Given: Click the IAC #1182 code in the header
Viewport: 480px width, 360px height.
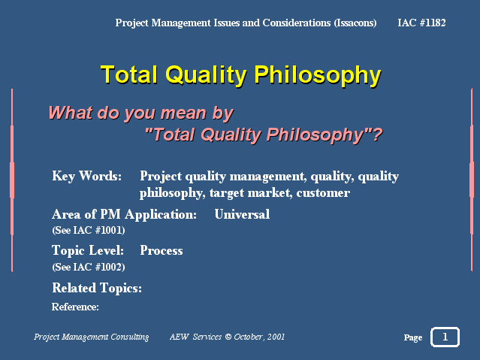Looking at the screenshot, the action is (421, 23).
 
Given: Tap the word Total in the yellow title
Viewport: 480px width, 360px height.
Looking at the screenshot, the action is (129, 74).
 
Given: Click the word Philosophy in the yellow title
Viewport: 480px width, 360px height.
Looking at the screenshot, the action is (318, 75).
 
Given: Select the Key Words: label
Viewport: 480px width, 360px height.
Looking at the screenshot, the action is (87, 176).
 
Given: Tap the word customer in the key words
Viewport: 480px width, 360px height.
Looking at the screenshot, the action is (323, 193).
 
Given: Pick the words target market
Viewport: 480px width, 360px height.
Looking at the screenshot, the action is (251, 193).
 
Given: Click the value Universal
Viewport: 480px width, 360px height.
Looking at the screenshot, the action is (242, 214).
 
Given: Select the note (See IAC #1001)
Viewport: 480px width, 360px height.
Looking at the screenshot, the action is (89, 230).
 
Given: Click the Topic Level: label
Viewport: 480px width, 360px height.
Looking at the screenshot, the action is (88, 250).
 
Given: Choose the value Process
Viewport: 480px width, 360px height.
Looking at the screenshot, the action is (162, 250).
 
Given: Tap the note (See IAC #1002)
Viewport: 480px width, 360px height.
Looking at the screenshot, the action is (89, 267).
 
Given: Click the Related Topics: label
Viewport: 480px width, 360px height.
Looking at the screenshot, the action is (97, 288).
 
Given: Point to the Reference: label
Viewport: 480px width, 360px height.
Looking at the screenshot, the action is (75, 307).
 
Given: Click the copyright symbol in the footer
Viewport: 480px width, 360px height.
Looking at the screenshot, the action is (228, 337).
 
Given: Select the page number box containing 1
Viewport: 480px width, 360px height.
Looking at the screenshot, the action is (445, 337).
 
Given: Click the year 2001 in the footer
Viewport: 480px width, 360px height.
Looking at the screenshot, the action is (276, 337).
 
